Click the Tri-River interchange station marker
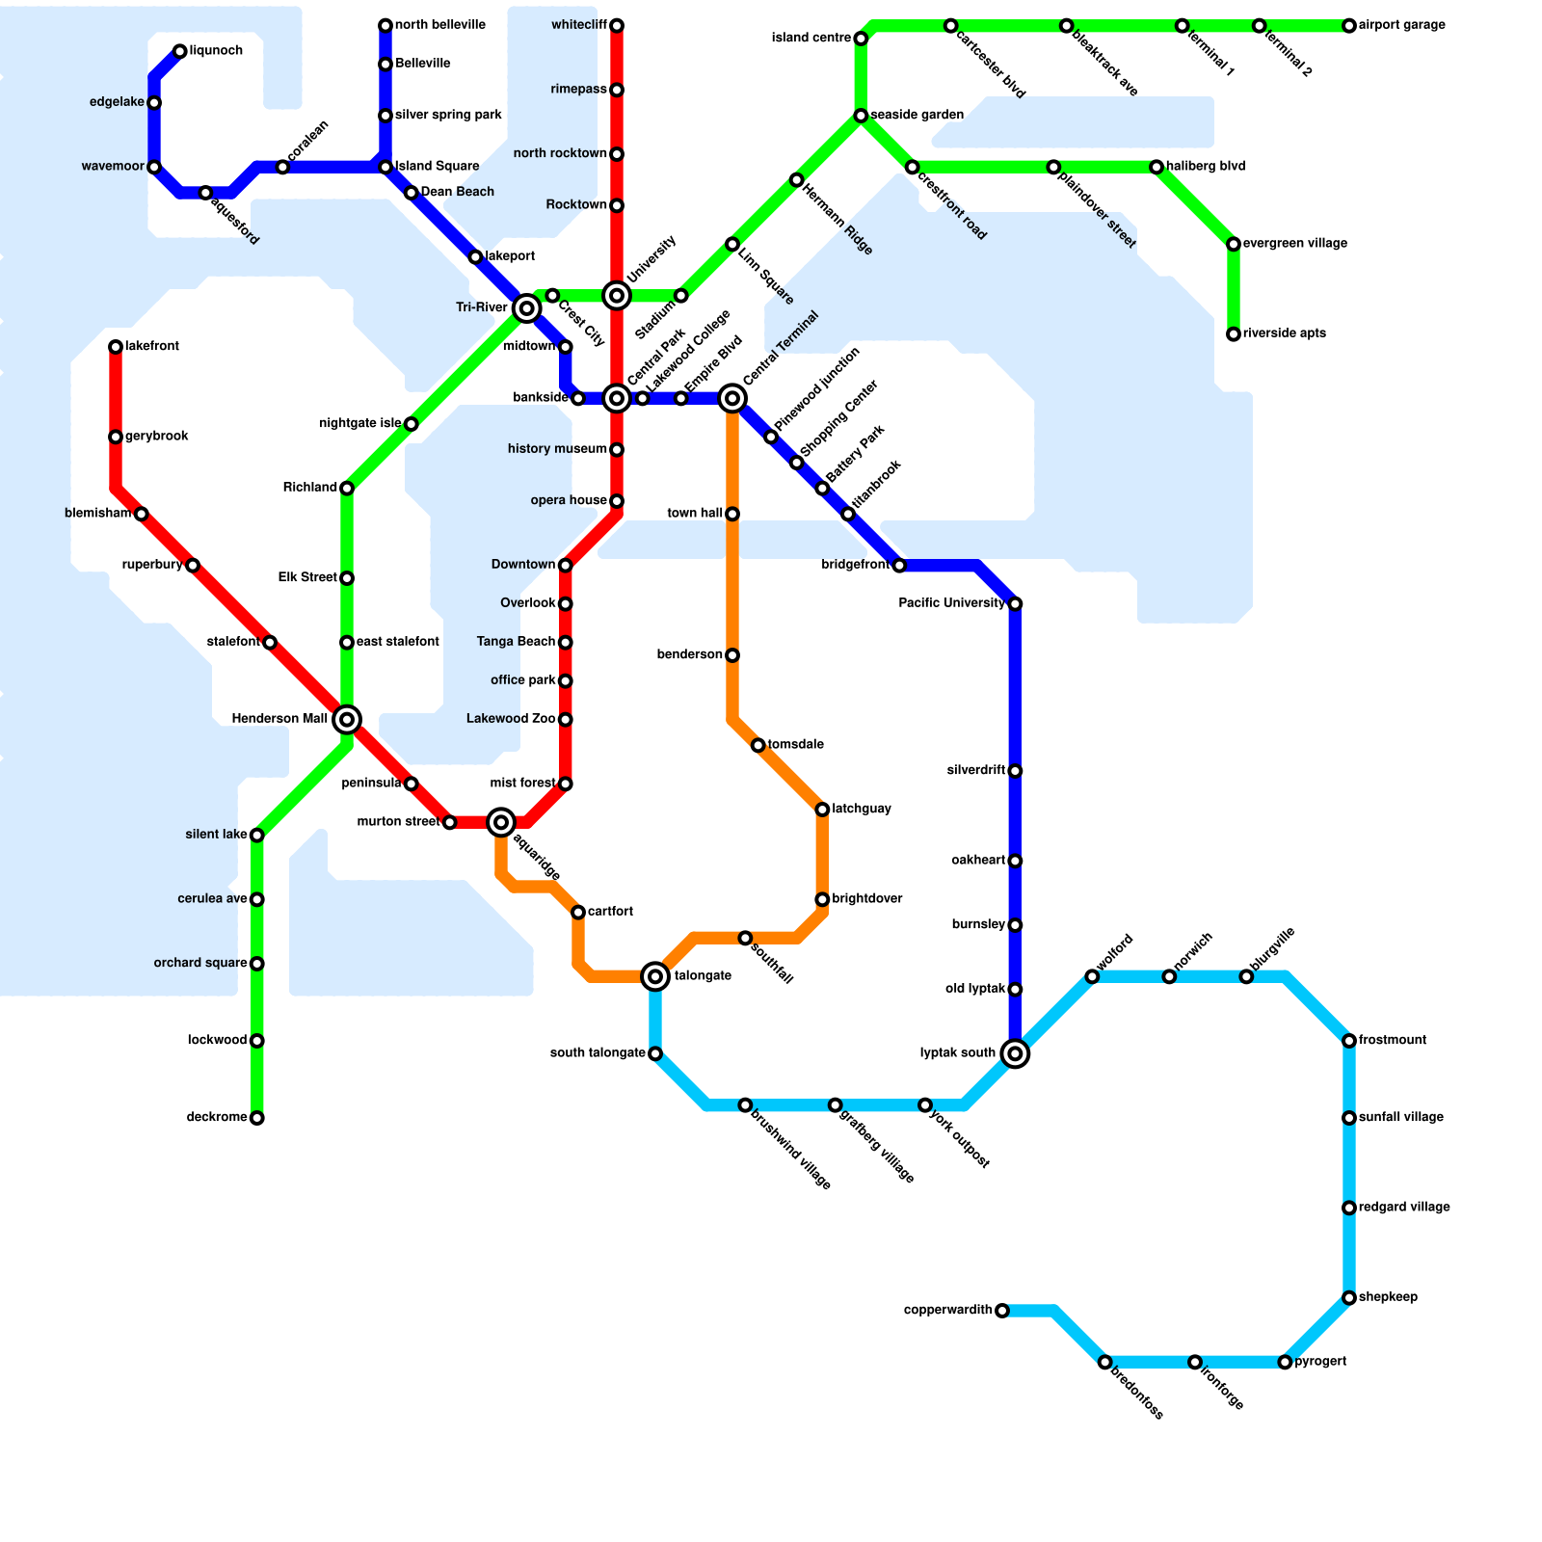(526, 308)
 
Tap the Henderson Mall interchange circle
(347, 720)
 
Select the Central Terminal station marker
(732, 398)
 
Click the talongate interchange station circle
(655, 976)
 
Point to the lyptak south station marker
(1015, 1053)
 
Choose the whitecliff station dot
(617, 25)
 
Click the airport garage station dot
(1349, 26)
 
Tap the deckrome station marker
(256, 1118)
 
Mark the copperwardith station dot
(1002, 1311)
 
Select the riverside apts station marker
(1234, 334)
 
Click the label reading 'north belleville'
(439, 25)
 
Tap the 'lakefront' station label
(152, 347)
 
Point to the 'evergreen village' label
(1294, 244)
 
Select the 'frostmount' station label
(1393, 1041)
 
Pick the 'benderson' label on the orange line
(690, 655)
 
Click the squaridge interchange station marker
(501, 822)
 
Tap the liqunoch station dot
(180, 51)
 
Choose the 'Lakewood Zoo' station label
(511, 719)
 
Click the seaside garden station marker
(861, 116)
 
